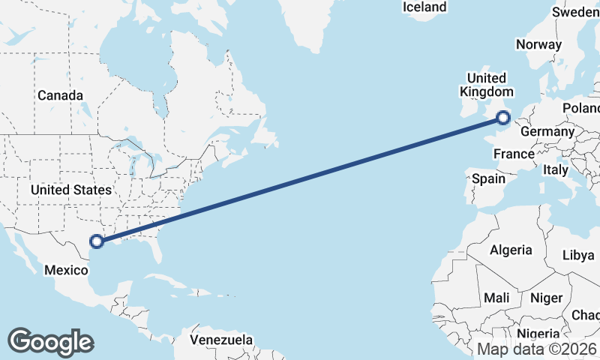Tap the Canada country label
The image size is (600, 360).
click(60, 96)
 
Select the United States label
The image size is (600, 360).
click(71, 190)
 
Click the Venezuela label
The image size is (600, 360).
click(220, 340)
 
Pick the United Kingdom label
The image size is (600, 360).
click(486, 85)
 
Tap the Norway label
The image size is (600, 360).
click(538, 44)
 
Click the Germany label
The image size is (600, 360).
click(547, 131)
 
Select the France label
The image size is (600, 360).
click(514, 154)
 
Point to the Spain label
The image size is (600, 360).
click(488, 179)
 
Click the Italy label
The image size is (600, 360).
click(556, 170)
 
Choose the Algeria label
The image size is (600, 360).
click(511, 250)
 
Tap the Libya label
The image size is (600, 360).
click(578, 255)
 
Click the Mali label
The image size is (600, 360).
click(496, 298)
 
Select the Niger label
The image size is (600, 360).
click(546, 298)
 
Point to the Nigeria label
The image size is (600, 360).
click(538, 334)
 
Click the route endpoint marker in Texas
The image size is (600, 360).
click(96, 241)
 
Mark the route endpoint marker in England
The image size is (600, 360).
click(503, 117)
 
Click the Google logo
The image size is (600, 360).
click(50, 341)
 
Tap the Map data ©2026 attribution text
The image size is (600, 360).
click(537, 349)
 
